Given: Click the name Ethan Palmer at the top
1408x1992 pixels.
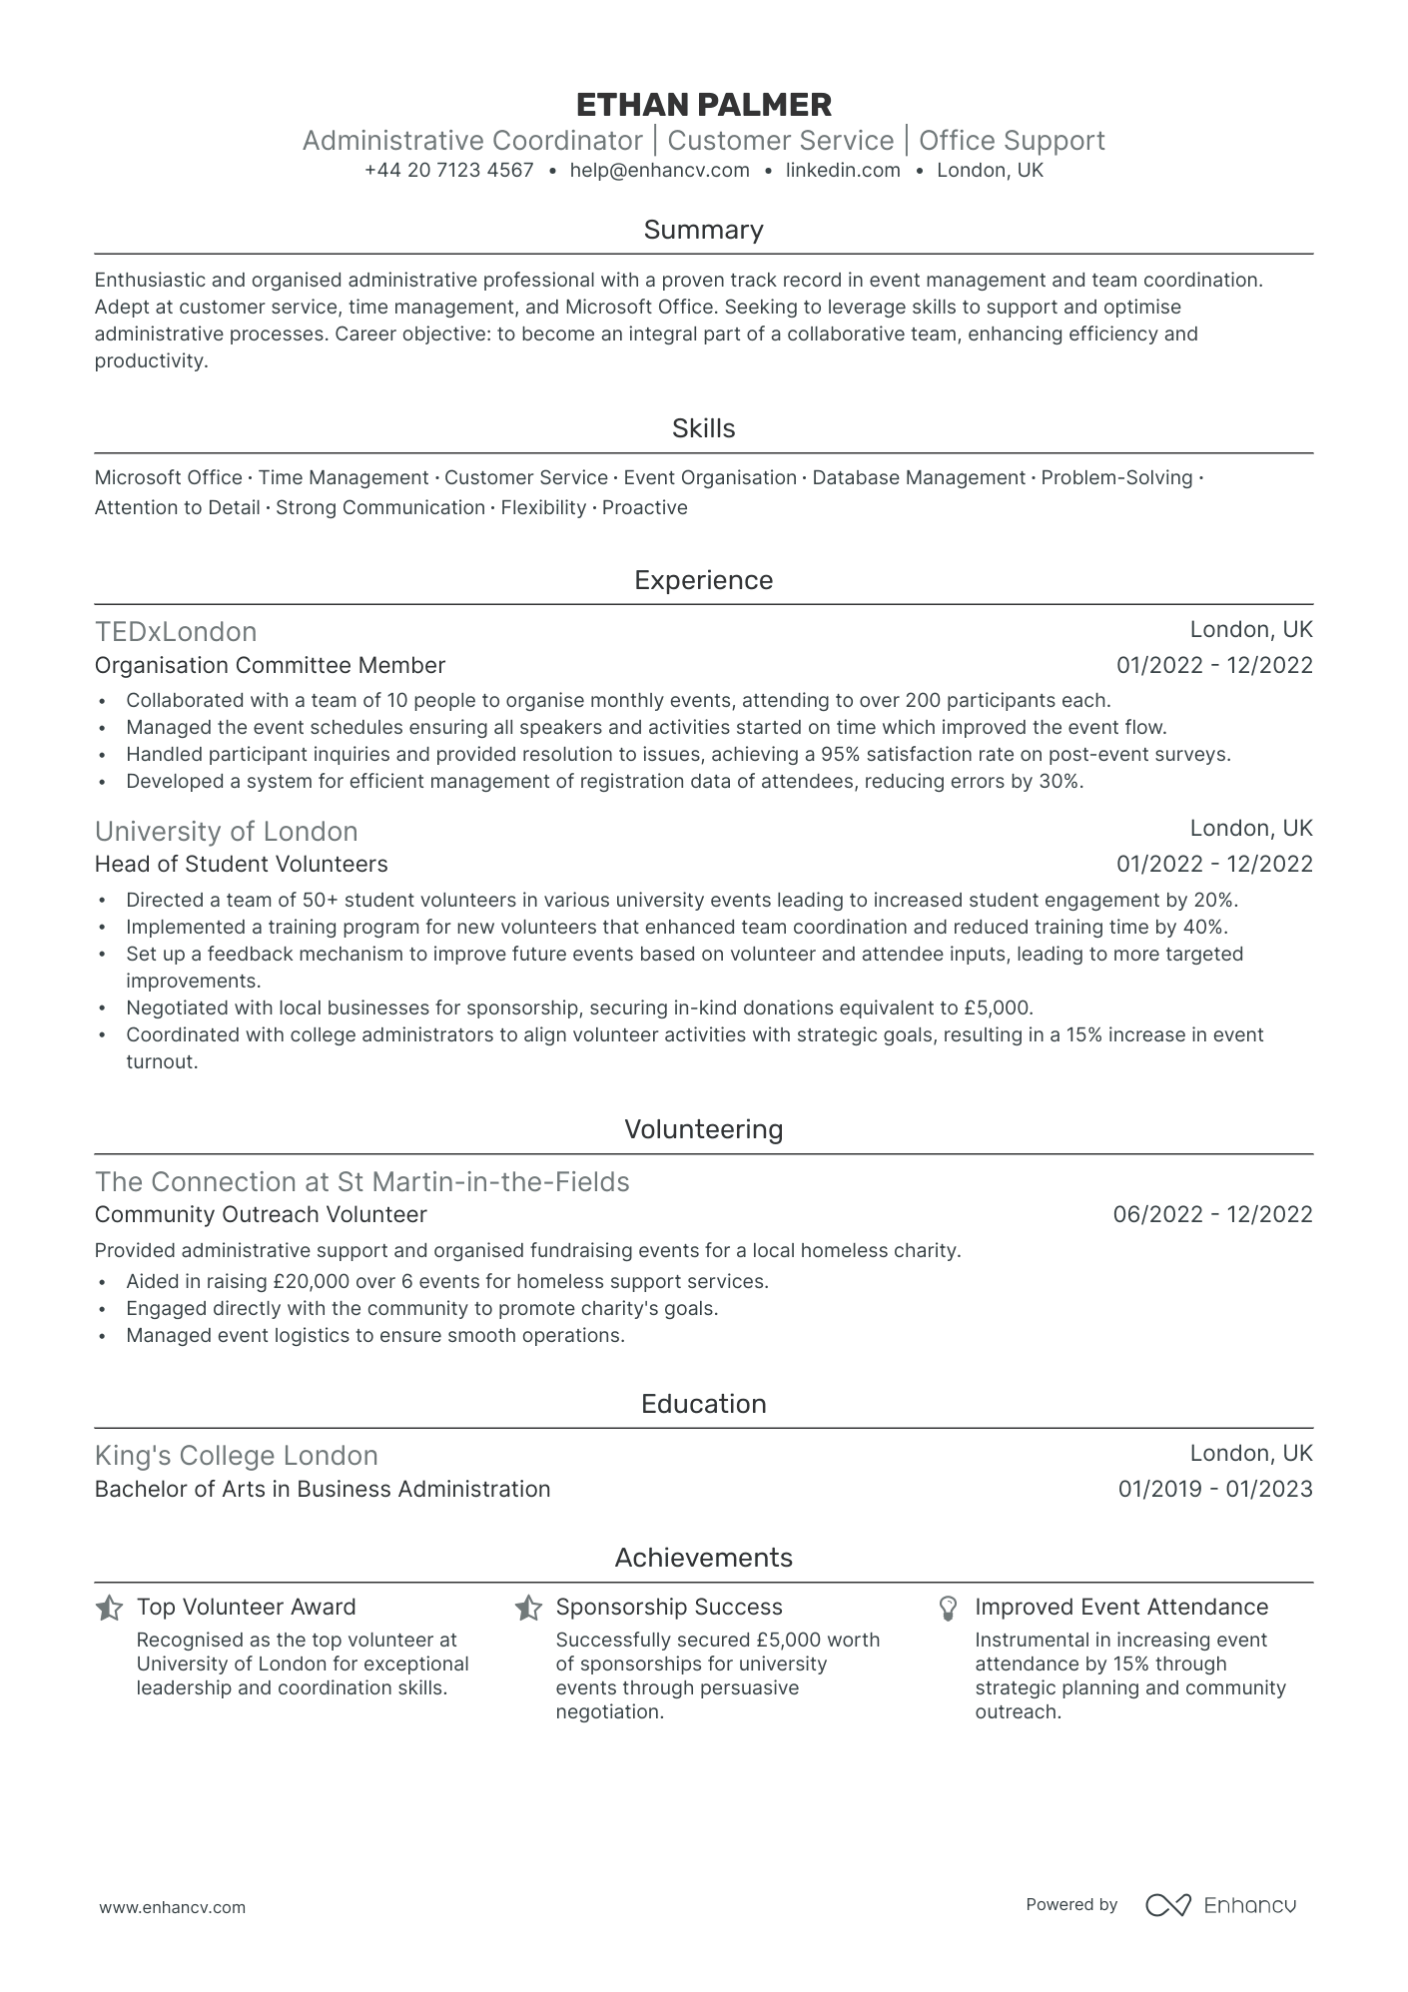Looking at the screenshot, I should tap(703, 105).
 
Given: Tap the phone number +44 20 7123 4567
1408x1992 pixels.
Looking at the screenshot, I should tap(448, 171).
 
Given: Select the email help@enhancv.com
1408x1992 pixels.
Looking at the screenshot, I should tap(659, 171).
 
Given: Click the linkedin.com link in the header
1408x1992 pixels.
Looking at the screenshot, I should tap(843, 171).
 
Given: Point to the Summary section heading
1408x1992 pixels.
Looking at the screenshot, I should tap(703, 230).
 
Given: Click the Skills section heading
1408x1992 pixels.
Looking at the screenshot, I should tap(703, 428).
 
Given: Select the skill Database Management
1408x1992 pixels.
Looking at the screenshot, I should tap(918, 478).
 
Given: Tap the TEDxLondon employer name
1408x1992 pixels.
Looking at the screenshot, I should tap(176, 632).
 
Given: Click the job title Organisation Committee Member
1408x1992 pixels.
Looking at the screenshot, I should tap(270, 665).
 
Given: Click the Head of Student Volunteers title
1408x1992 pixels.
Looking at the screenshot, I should tap(241, 864).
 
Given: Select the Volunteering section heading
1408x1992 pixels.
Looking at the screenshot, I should tap(703, 1129).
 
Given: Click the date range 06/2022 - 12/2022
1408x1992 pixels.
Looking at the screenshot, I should tap(1212, 1214).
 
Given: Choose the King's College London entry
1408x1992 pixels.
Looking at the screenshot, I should tap(236, 1456).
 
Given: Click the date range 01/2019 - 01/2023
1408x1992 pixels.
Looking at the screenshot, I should tap(1214, 1489).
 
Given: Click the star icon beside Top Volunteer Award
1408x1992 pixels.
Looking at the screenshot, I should tap(109, 1608).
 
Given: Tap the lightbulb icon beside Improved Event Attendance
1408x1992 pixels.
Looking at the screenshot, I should tap(948, 1608).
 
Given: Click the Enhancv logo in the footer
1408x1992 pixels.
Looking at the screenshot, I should tap(1220, 1905).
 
